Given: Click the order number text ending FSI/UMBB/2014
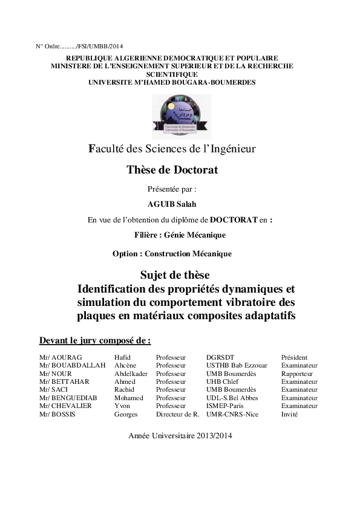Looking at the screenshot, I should click(79, 46).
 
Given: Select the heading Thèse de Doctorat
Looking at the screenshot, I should click(172, 170).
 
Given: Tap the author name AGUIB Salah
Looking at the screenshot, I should click(172, 204).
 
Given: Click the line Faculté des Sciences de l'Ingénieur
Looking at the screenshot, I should click(172, 148).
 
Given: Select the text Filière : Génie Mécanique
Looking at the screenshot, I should click(180, 235).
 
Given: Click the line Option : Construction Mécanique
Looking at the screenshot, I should click(172, 254).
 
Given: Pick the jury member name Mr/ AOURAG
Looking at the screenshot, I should click(60, 357).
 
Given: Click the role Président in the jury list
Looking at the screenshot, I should click(294, 357).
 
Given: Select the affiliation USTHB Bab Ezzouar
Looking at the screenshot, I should click(237, 365).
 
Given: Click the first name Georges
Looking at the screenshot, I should click(126, 414).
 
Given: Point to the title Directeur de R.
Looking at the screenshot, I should click(178, 414).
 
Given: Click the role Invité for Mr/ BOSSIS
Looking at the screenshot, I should click(289, 414).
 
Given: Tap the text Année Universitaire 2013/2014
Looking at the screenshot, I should click(180, 435).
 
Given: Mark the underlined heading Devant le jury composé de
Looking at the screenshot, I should click(94, 340).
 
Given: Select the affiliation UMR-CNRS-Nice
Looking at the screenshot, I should click(232, 414).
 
